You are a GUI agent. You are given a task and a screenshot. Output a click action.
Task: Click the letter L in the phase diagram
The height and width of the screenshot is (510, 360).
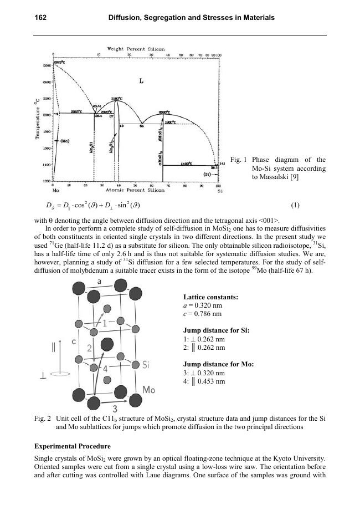coord(141,81)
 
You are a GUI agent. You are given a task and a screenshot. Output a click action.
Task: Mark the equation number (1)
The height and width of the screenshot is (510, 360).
coord(295,205)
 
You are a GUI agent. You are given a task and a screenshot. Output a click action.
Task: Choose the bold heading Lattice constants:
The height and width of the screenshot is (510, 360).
coord(210,297)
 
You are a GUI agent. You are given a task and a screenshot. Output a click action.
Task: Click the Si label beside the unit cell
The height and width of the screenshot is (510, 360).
coord(147,365)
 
